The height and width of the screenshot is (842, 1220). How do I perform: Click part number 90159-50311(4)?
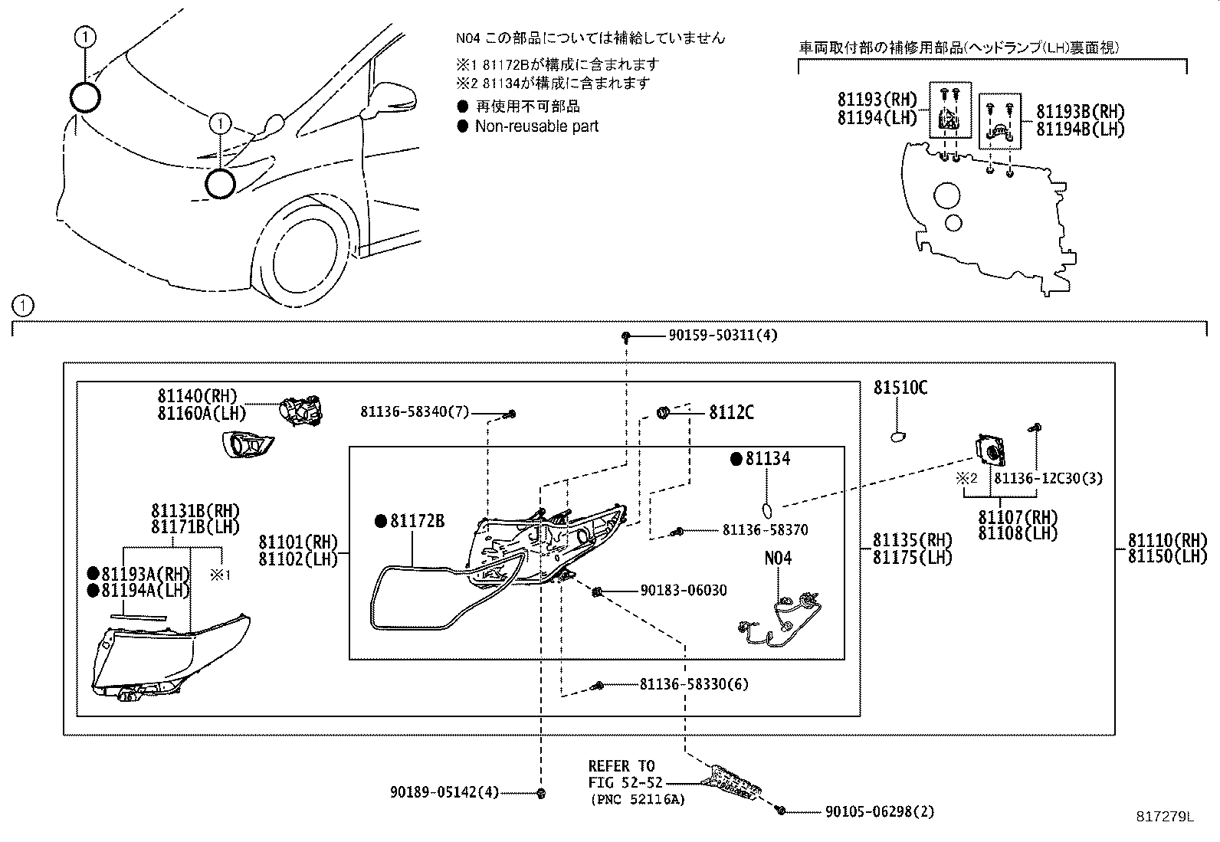click(723, 336)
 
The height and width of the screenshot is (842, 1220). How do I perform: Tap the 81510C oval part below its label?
click(899, 437)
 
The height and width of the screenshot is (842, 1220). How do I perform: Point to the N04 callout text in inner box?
click(777, 558)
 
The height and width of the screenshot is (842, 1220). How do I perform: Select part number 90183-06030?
click(684, 590)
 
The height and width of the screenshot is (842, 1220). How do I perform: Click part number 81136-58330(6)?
click(694, 684)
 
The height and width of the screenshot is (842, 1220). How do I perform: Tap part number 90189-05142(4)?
click(444, 793)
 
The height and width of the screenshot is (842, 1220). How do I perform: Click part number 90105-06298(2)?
click(880, 811)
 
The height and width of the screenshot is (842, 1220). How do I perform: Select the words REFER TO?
click(621, 766)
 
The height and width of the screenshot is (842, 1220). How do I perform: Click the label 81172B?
click(417, 521)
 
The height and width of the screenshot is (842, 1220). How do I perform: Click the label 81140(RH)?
click(198, 396)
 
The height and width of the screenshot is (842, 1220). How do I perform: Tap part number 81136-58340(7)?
click(415, 412)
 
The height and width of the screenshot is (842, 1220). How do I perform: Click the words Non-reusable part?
click(536, 126)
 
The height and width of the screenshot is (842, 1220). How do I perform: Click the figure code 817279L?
click(1164, 817)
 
